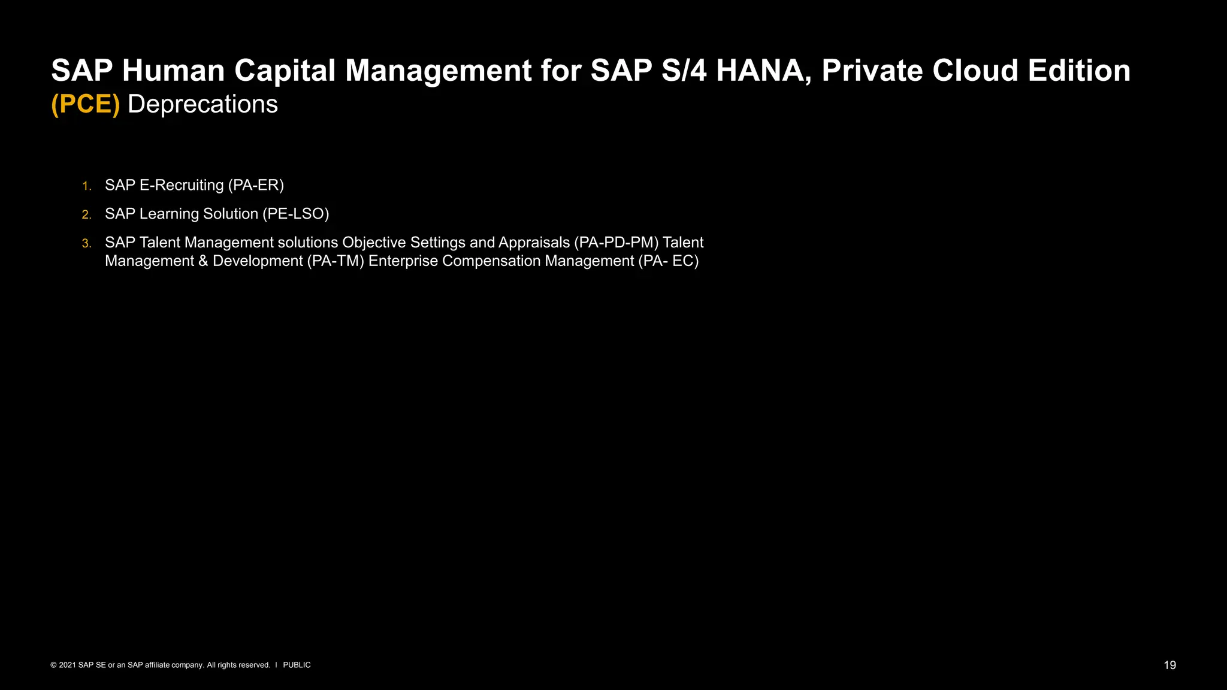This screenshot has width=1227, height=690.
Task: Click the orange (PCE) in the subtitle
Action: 86,104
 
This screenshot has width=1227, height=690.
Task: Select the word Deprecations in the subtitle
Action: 203,104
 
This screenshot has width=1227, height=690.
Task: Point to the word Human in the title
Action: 173,71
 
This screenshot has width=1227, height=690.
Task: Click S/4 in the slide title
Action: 684,71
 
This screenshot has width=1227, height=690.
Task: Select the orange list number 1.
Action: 86,186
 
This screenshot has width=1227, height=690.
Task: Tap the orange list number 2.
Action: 86,214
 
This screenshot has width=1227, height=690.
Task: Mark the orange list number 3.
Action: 86,243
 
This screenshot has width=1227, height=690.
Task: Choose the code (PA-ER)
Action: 256,185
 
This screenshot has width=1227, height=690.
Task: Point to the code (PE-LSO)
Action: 296,214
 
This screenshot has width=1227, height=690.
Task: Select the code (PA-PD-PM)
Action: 616,243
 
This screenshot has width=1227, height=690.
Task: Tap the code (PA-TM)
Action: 336,261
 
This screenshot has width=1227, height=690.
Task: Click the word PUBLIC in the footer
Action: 297,665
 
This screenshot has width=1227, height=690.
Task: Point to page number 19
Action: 1169,665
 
